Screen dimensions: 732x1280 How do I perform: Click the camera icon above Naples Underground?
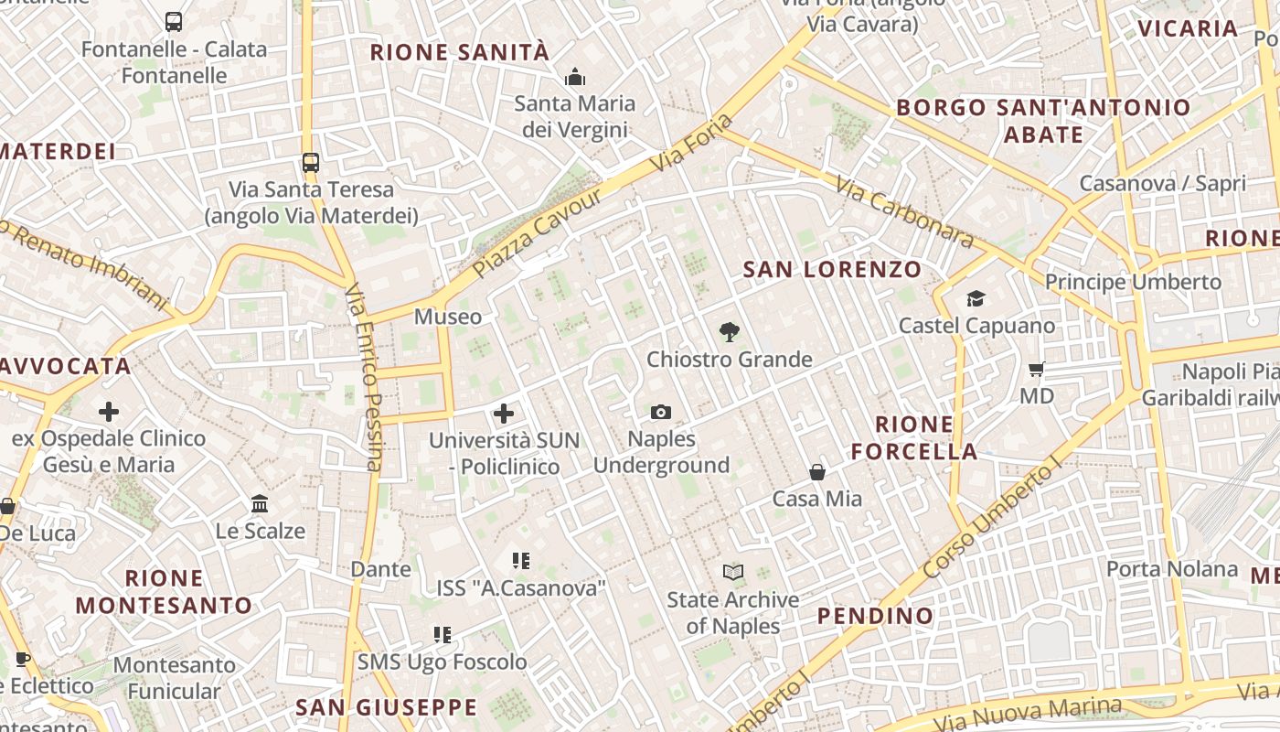coord(661,413)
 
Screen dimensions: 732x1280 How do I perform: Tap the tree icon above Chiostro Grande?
coord(729,332)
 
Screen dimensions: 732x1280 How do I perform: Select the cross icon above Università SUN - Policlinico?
coord(504,414)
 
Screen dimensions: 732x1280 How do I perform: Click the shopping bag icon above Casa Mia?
coord(817,472)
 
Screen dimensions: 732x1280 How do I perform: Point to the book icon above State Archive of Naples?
coord(732,573)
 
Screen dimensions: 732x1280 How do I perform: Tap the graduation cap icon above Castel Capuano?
coord(976,299)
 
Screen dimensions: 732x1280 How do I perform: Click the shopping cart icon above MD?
coord(1036,370)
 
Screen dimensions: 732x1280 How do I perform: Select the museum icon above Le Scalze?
coord(260,504)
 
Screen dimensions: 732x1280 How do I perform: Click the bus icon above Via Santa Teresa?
coord(311,163)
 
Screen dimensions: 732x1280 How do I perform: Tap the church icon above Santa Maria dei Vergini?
coord(575,77)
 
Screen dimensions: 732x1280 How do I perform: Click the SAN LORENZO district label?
coord(832,269)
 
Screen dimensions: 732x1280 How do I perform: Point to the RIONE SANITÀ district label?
coord(460,52)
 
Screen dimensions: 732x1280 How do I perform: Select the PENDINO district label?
coord(875,616)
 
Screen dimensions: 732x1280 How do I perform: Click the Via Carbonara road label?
coord(904,211)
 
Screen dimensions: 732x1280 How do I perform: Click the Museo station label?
coord(448,317)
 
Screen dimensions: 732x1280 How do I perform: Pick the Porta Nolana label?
coord(1172,569)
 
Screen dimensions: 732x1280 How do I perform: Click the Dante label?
coord(381,569)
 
